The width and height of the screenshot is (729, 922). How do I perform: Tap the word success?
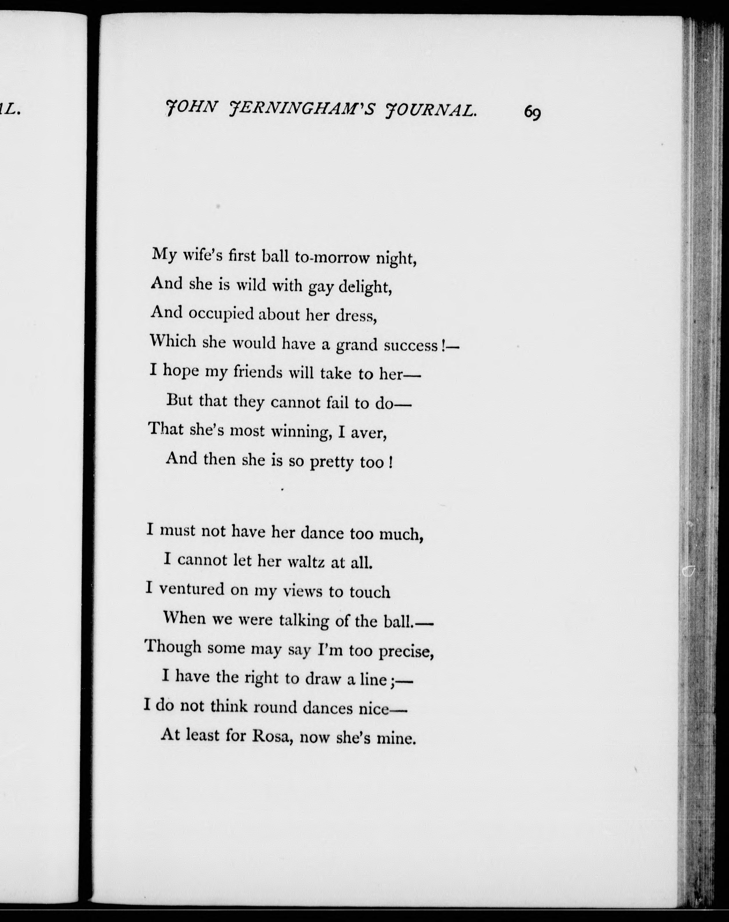tap(411, 345)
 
